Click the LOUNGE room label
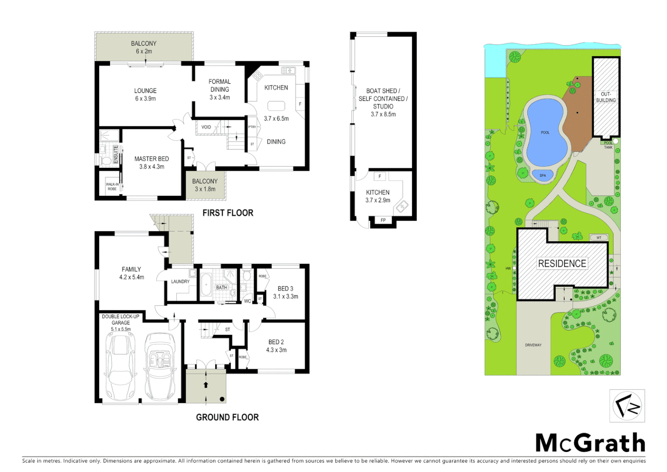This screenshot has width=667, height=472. pos(145,91)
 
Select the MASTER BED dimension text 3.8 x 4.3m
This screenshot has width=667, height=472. pos(152,167)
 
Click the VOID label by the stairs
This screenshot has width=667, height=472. pos(206,127)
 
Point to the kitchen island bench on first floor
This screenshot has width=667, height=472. pos(276,106)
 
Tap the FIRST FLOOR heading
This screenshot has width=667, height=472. pos(228,213)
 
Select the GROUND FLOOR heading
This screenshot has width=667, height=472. pos(227,417)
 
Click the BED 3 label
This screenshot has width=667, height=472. pos(285,288)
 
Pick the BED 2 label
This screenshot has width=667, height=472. pos(276,342)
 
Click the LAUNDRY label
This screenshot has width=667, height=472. pos(180,281)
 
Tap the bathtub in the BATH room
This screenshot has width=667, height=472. pos(206,285)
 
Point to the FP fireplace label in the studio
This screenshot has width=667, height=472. pos(383,220)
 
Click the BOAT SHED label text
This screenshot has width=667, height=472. pos(383,91)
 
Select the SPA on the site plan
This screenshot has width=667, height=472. pos(543,176)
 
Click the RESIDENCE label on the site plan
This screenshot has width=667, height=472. pos(562,264)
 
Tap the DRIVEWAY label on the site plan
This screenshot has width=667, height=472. pos(533,345)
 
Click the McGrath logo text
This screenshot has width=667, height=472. pos(590,443)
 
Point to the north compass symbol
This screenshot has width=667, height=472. pos(627,406)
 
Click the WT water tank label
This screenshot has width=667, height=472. pos(599,238)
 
